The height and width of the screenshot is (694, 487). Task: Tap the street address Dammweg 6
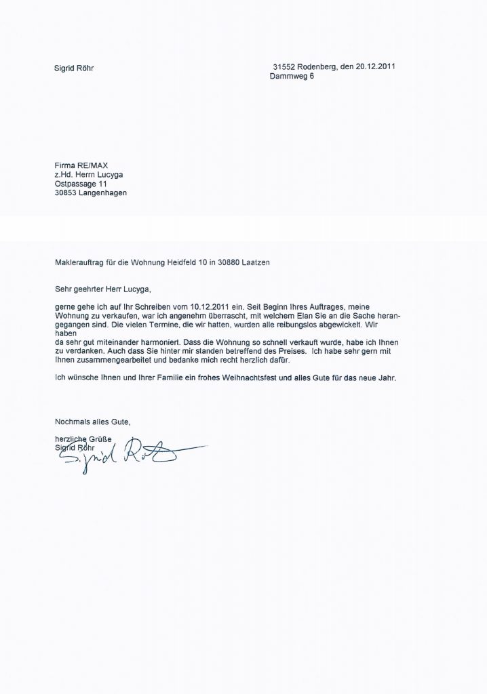(292, 77)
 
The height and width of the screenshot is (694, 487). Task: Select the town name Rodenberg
(321, 68)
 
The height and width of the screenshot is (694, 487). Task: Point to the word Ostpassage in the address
(75, 183)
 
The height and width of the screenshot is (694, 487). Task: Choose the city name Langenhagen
(101, 192)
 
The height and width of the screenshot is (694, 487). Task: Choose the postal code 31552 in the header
(284, 68)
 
